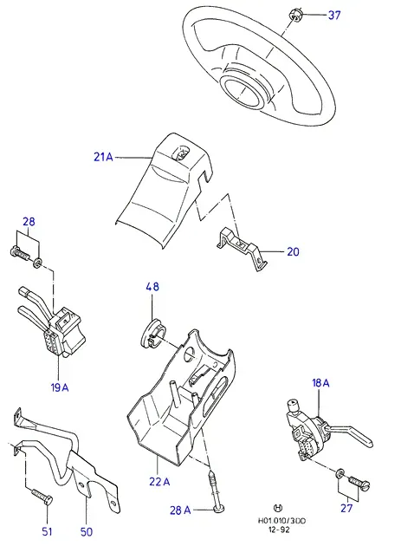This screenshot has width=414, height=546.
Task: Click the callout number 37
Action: click(x=334, y=16)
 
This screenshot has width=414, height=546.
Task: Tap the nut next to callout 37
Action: click(x=295, y=16)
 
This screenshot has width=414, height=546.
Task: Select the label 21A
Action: click(x=103, y=157)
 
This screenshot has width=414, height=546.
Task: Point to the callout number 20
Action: click(x=293, y=251)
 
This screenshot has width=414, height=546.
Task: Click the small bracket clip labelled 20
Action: click(x=243, y=248)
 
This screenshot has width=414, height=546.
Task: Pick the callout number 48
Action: click(x=152, y=287)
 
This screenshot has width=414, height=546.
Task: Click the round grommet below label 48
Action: click(x=152, y=334)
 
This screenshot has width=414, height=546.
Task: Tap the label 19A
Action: click(x=60, y=387)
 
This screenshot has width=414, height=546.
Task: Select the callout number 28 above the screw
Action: click(x=29, y=222)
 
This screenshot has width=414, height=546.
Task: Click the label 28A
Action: click(x=180, y=510)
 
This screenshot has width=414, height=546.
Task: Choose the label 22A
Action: click(x=159, y=482)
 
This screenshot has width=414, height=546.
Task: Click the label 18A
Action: click(x=320, y=383)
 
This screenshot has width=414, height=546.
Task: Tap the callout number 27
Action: click(x=346, y=508)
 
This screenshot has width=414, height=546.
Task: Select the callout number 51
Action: click(x=47, y=532)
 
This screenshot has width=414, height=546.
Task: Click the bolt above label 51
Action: click(x=42, y=495)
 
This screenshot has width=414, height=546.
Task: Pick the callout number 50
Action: click(x=87, y=532)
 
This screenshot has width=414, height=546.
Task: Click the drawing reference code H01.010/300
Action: click(x=281, y=521)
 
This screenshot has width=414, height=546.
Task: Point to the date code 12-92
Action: click(x=279, y=530)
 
